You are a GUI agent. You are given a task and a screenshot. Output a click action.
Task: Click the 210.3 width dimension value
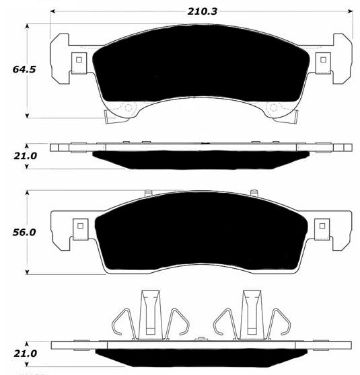point(202,11)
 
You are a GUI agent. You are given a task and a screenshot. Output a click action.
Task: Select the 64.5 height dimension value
point(24,69)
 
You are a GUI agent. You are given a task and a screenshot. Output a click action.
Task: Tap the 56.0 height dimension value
point(24,233)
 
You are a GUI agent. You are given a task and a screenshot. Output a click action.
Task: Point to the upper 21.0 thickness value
point(25,156)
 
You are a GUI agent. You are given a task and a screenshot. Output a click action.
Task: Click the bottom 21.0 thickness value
point(25,353)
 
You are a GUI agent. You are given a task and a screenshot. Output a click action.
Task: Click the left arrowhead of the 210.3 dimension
point(52,11)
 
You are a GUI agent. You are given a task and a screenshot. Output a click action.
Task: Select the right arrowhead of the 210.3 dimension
point(350,11)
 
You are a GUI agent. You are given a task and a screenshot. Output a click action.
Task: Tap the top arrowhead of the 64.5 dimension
point(28,26)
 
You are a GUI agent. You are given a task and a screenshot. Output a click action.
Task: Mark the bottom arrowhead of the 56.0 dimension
point(28,272)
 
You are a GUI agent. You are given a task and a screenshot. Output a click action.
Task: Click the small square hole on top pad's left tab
point(79,60)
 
